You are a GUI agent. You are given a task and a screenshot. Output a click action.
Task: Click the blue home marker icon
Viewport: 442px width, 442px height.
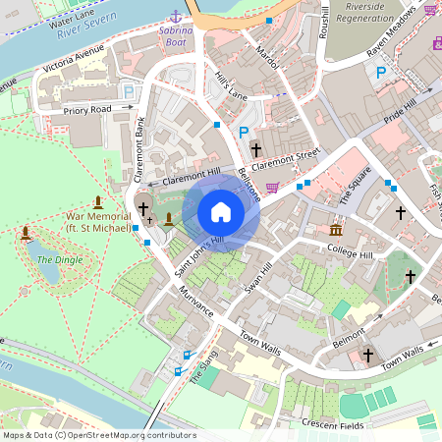[221, 212]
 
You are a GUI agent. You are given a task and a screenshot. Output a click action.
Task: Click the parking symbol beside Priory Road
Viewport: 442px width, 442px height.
[129, 91]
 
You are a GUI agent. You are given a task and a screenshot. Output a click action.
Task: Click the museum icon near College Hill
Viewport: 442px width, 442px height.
[337, 230]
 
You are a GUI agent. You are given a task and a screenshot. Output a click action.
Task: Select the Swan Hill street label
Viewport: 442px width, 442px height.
[258, 277]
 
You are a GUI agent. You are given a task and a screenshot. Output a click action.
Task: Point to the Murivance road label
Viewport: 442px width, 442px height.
[197, 300]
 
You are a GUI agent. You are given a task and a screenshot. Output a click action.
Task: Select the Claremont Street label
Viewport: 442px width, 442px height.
[286, 155]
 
